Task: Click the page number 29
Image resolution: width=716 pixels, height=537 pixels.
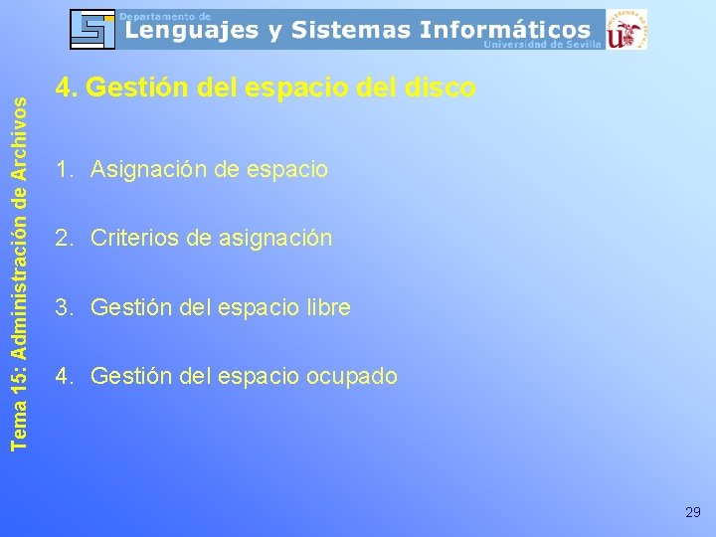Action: click(693, 512)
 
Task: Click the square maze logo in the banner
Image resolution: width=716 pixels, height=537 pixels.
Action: click(92, 29)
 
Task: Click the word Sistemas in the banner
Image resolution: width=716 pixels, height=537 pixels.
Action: click(352, 31)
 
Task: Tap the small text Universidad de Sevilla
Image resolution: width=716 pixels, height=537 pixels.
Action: click(543, 45)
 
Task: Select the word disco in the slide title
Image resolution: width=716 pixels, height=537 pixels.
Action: click(441, 89)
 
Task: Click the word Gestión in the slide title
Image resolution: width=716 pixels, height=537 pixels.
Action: click(127, 89)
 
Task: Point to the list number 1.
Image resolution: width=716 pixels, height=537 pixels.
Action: click(64, 170)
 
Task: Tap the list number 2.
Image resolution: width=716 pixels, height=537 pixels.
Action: click(64, 239)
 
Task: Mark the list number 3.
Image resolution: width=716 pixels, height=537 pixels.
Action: click(64, 308)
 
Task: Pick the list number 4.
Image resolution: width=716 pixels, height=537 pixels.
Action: click(64, 377)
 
